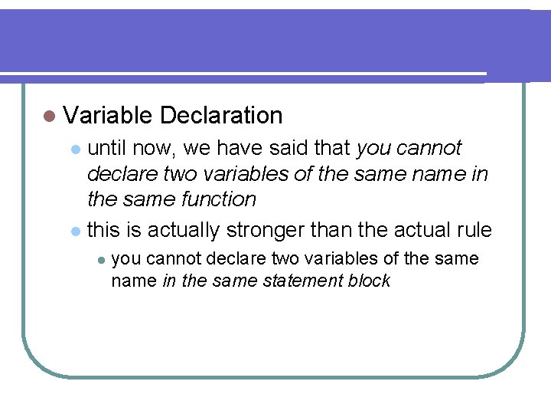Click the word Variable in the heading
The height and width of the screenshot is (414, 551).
(108, 116)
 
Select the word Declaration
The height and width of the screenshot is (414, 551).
(222, 116)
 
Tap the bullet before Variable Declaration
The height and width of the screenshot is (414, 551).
(50, 117)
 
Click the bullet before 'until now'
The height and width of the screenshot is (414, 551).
(74, 148)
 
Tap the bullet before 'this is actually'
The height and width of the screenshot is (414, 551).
(74, 231)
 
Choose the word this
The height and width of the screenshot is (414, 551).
(105, 229)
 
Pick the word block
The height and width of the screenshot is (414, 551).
(370, 281)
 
